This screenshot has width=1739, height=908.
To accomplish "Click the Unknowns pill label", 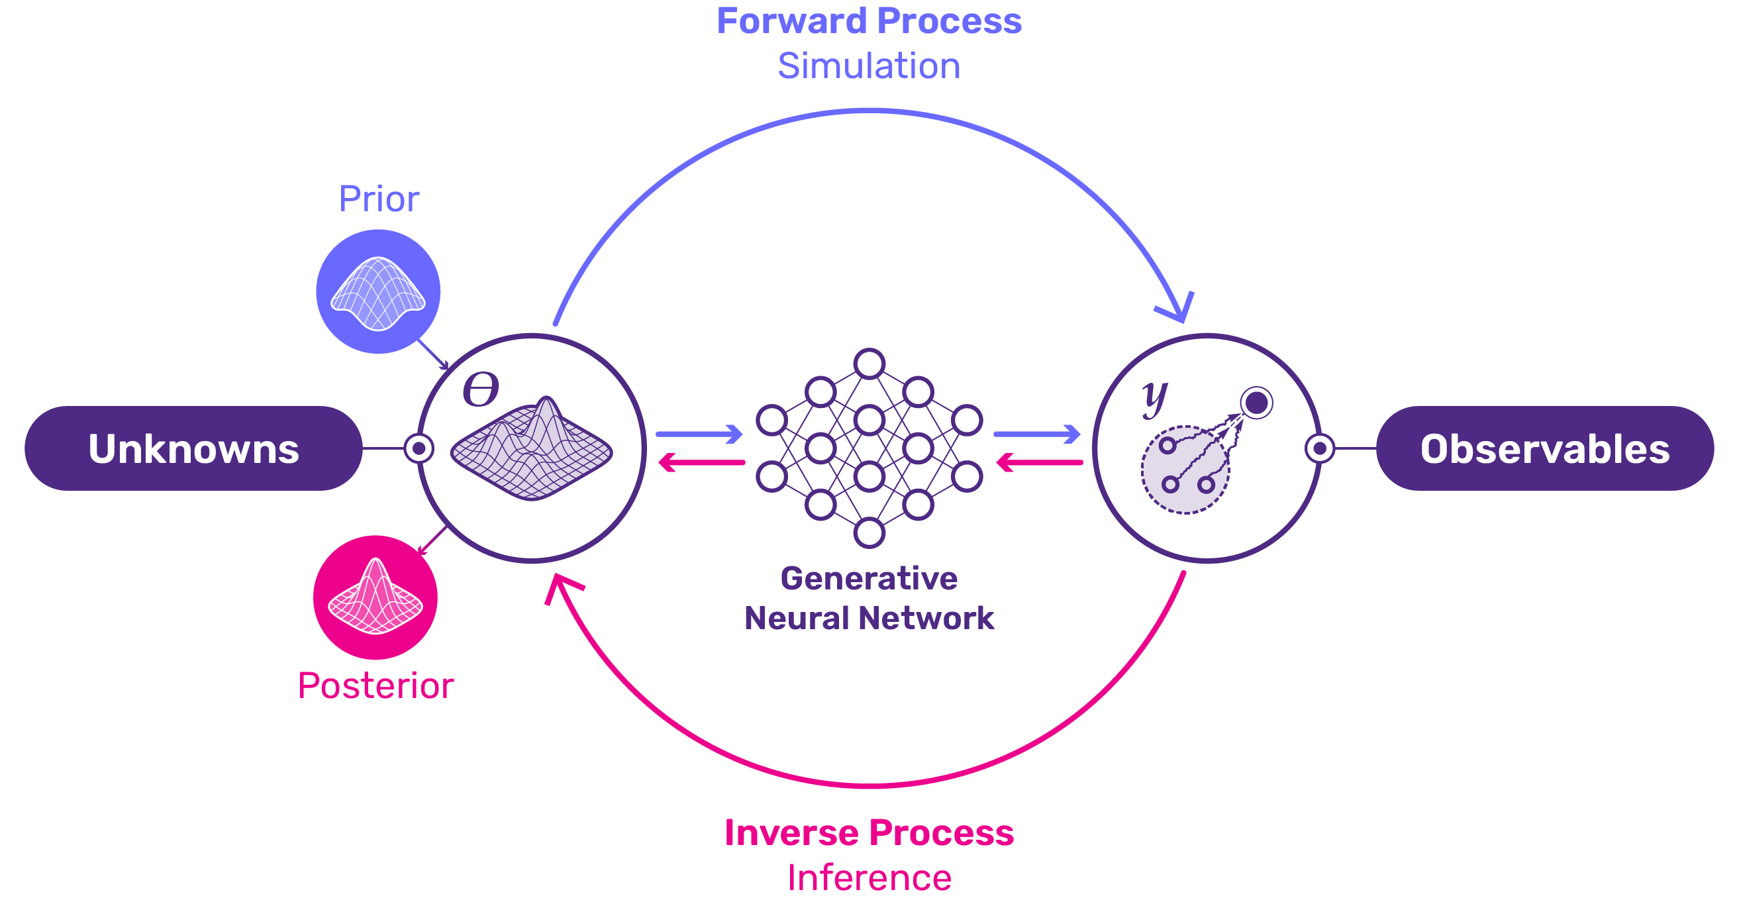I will [x=193, y=448].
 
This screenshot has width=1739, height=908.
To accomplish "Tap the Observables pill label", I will [x=1544, y=448].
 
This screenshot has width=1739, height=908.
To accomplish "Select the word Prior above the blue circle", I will [x=379, y=199].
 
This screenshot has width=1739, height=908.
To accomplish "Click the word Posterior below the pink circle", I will [x=375, y=686].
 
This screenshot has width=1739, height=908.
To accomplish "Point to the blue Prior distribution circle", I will [x=378, y=291].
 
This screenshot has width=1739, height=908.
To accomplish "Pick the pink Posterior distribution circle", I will [x=375, y=597].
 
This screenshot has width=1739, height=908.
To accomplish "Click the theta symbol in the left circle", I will [x=481, y=389].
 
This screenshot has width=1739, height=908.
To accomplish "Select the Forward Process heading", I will [x=869, y=21].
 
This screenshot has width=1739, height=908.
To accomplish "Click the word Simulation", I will [x=869, y=66].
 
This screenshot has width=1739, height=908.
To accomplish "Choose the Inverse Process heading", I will [x=869, y=832].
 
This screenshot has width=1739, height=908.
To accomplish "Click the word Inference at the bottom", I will [x=869, y=878].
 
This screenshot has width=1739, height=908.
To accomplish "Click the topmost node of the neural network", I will [x=869, y=363].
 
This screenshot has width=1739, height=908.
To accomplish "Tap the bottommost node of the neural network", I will [x=869, y=533].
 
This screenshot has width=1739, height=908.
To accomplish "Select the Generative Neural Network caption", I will [x=869, y=598].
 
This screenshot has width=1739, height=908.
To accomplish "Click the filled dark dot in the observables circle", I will [x=1256, y=403].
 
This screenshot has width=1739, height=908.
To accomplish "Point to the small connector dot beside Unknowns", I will [x=419, y=448].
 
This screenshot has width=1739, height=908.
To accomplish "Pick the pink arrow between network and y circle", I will [x=1040, y=462].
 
